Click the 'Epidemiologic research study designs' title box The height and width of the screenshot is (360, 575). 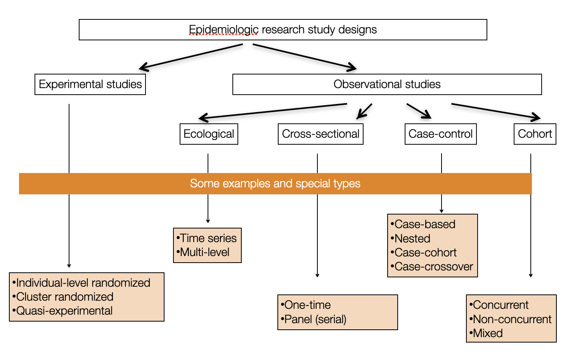(283, 30)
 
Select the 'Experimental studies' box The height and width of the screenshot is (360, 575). (90, 84)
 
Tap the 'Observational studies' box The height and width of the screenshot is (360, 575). (387, 84)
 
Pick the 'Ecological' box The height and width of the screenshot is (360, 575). (209, 134)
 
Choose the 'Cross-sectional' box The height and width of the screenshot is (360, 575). (320, 134)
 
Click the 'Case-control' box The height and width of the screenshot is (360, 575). (440, 134)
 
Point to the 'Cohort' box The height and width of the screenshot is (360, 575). (535, 134)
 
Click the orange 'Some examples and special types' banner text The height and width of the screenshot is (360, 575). (275, 183)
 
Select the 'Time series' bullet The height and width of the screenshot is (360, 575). (208, 238)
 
